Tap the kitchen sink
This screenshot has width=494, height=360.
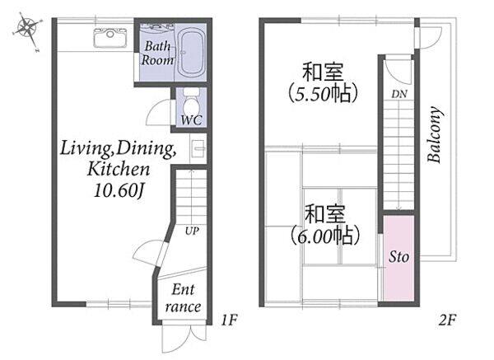[110, 38]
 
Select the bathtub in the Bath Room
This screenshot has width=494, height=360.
[191, 52]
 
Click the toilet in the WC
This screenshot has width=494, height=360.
[191, 101]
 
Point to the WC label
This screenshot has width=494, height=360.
[191, 120]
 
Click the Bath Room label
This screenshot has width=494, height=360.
[157, 53]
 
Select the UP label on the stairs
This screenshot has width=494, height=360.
[192, 231]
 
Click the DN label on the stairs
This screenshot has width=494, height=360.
[399, 94]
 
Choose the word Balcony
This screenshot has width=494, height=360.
[435, 134]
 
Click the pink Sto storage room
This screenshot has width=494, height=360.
[398, 258]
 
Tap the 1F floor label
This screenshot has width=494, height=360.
[228, 320]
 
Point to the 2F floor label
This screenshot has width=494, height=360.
[447, 320]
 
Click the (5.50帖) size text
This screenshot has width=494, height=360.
[323, 94]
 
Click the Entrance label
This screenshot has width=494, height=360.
[184, 298]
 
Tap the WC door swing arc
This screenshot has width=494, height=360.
[155, 107]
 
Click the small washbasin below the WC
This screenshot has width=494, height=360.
[198, 148]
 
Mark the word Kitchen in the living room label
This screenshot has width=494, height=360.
[119, 169]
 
